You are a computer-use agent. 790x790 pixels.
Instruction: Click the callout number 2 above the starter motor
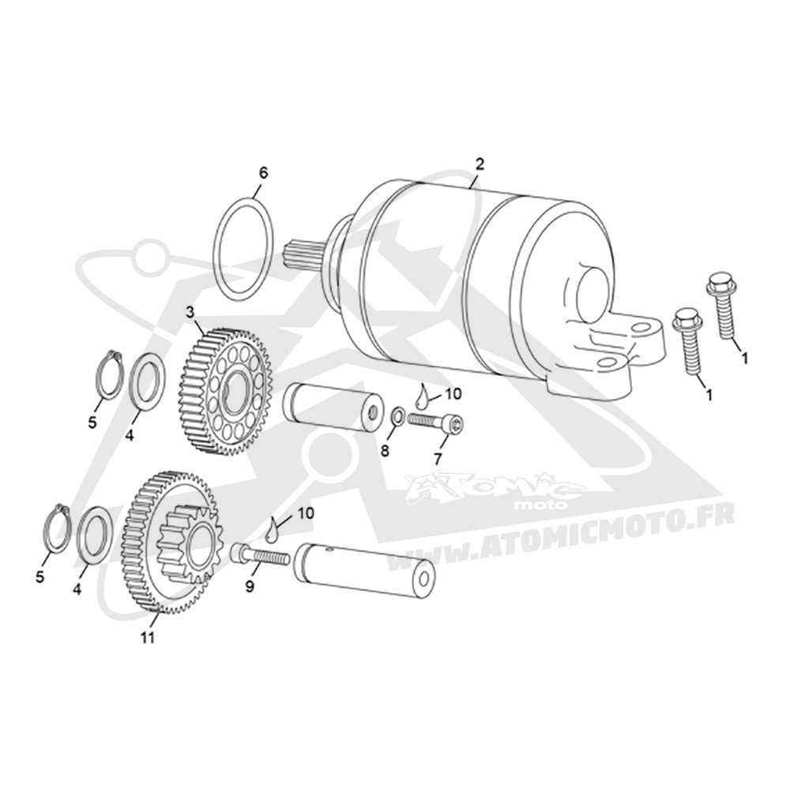tap(480, 164)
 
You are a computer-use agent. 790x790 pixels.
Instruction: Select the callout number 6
tap(263, 173)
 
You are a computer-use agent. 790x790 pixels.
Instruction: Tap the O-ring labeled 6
tap(215, 249)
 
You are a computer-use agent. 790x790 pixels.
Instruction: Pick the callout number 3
tap(190, 312)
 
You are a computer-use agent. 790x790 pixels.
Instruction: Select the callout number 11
tap(147, 638)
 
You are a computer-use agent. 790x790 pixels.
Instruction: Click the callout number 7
tap(438, 458)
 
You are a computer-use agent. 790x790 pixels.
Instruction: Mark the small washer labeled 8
tap(397, 416)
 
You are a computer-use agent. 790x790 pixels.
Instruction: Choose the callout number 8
tap(385, 450)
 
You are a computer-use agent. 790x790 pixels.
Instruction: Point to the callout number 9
tap(250, 586)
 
